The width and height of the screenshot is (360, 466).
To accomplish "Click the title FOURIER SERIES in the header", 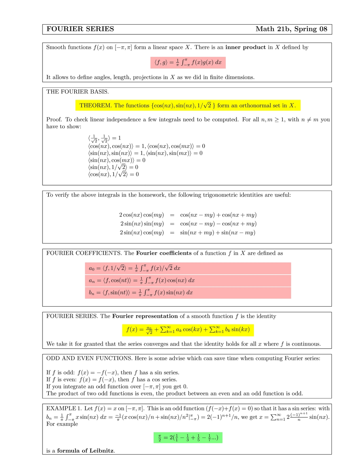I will (80, 29).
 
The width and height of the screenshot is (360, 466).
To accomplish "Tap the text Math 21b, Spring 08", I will (291, 29).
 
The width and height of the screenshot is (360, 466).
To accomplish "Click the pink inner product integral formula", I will (188, 63).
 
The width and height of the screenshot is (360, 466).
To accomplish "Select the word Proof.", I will (54, 119).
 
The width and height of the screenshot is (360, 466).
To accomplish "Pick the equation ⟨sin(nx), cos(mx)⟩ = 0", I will (117, 160).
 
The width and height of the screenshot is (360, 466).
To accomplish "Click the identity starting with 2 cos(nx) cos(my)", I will (188, 215).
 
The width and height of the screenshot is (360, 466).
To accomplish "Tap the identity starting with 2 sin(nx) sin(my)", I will (188, 224).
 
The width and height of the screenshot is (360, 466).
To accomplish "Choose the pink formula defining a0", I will (188, 268).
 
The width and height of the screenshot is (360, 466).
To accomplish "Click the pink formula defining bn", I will (188, 293).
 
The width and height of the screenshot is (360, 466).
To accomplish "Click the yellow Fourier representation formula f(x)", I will (188, 330).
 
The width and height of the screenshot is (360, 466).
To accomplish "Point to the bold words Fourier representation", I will (145, 316).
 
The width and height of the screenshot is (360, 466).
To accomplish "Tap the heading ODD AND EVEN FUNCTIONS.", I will (89, 358).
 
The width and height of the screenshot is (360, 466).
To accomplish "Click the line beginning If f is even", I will (112, 380).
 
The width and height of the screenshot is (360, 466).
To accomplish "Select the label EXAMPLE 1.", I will (64, 408).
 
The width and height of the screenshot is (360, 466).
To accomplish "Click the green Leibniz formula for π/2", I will (188, 438).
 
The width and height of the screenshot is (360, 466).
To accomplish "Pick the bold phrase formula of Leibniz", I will (85, 451).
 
